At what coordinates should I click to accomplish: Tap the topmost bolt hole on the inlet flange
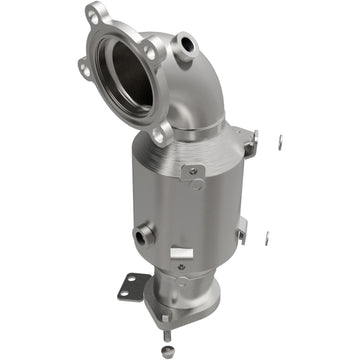pyautogui.click(x=95, y=15)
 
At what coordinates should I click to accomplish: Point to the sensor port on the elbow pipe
pyautogui.click(x=185, y=44)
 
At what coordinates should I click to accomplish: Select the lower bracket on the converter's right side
pyautogui.click(x=241, y=233)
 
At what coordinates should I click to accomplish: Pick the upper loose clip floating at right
pyautogui.click(x=279, y=141)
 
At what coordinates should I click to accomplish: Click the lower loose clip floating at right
pyautogui.click(x=266, y=238)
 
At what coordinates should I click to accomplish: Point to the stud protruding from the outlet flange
pyautogui.click(x=165, y=321)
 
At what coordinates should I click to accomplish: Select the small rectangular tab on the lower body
pyautogui.click(x=180, y=253)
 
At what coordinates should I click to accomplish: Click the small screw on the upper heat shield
pyautogui.click(x=189, y=171)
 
